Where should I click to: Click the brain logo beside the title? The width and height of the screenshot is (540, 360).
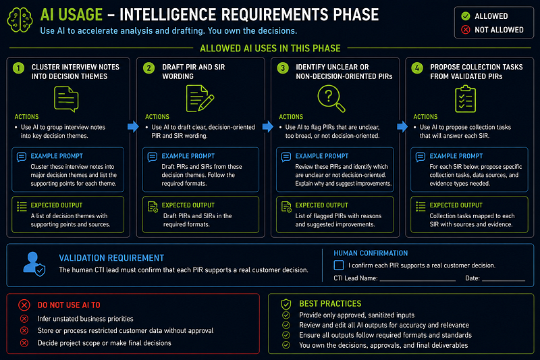pos(20,20)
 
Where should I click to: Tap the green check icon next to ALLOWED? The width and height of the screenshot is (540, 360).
pos(466,16)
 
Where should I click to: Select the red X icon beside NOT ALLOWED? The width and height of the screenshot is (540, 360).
pos(466,30)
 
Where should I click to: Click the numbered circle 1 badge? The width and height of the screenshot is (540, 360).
pos(19,68)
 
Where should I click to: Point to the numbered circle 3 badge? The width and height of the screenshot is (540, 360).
pos(283,68)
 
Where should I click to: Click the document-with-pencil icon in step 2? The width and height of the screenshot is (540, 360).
pos(200,99)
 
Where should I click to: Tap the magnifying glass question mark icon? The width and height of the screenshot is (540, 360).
pos(331,99)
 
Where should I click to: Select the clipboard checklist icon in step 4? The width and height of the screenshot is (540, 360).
pos(465,99)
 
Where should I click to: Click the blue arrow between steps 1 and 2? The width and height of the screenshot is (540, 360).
pos(133,126)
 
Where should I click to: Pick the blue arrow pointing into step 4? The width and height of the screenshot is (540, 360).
pos(402,126)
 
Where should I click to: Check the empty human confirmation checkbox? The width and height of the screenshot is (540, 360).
pos(339,265)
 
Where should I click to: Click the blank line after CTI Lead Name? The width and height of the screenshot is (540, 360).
pos(418,281)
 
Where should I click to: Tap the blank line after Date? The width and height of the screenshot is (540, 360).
pos(504,281)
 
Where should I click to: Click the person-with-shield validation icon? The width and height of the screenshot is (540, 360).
pos(34,264)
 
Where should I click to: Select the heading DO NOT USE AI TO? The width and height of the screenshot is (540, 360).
pos(69,305)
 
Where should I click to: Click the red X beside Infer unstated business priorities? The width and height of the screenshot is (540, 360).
pos(24,319)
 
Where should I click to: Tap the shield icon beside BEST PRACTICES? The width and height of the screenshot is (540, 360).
pos(286,304)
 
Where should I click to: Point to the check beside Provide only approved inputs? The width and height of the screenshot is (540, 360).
pos(286,315)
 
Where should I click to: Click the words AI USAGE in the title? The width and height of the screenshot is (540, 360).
pos(72,15)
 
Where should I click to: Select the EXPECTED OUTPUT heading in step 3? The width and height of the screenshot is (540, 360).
pos(322,205)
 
